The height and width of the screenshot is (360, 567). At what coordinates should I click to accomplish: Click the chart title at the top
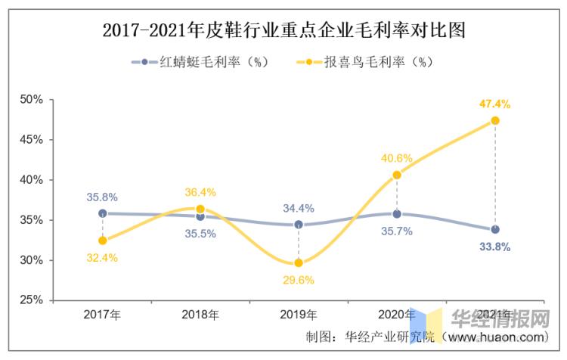pyautogui.click(x=283, y=30)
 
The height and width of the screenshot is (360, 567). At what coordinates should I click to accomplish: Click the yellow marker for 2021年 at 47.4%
pyautogui.click(x=495, y=120)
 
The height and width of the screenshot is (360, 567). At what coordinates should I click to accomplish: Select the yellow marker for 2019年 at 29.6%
pyautogui.click(x=299, y=263)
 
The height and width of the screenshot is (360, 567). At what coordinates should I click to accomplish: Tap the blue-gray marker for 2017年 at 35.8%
pyautogui.click(x=102, y=213)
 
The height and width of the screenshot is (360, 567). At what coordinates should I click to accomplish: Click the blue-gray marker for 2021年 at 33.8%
pyautogui.click(x=495, y=229)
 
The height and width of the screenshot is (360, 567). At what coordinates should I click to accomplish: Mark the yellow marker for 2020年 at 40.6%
pyautogui.click(x=397, y=175)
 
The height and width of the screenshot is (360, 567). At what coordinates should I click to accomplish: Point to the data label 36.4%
pyautogui.click(x=200, y=192)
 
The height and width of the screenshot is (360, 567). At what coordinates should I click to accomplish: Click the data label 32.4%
pyautogui.click(x=102, y=259)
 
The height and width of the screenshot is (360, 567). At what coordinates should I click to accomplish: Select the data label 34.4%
pyautogui.click(x=299, y=208)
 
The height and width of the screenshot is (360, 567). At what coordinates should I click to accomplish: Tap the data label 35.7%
pyautogui.click(x=397, y=231)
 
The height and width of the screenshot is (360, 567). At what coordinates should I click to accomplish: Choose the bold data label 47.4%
pyautogui.click(x=495, y=104)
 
